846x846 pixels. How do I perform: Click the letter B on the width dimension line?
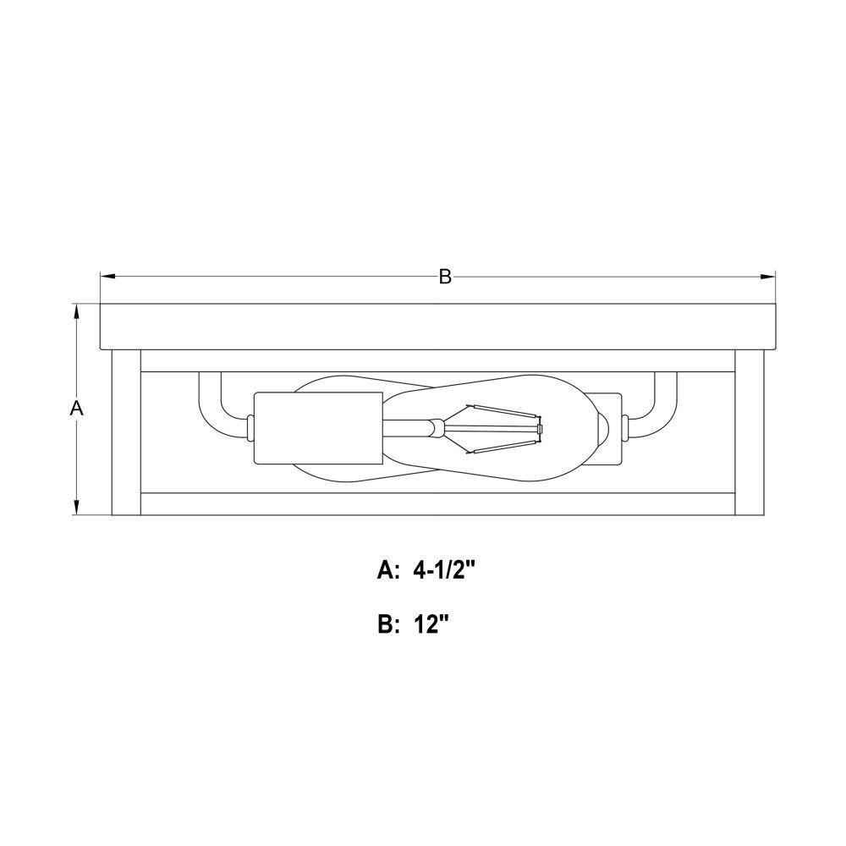pyautogui.click(x=445, y=277)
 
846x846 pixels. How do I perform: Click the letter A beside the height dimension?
pyautogui.click(x=77, y=409)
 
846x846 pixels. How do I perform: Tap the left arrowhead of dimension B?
pyautogui.click(x=108, y=277)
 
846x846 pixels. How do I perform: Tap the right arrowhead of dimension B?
pyautogui.click(x=768, y=277)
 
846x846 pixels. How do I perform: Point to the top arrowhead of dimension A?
pyautogui.click(x=77, y=312)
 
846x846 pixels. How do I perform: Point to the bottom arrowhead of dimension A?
pyautogui.click(x=77, y=507)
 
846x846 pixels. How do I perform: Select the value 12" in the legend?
pyautogui.click(x=431, y=625)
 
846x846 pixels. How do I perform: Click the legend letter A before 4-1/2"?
pyautogui.click(x=387, y=571)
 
